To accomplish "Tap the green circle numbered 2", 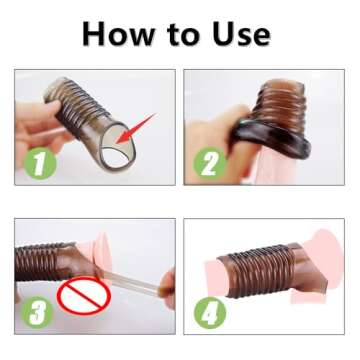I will click(211, 162).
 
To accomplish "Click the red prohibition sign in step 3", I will click(82, 298).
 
